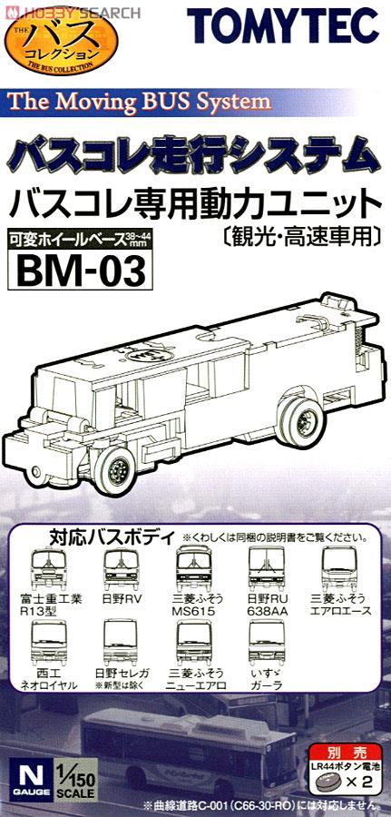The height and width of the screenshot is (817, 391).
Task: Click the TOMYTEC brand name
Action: pyautogui.click(x=284, y=25)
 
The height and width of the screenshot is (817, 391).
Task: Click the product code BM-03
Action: pyautogui.click(x=80, y=271)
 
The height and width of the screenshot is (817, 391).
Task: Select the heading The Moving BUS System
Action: pyautogui.click(x=140, y=101)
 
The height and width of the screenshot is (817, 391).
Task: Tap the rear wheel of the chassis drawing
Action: pyautogui.click(x=301, y=421)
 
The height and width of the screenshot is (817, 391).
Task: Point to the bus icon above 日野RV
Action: pyautogui.click(x=121, y=569)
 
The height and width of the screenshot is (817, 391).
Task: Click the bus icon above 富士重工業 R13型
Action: pyautogui.click(x=48, y=569)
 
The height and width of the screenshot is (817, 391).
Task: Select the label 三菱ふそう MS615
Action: pyautogui.click(x=193, y=605)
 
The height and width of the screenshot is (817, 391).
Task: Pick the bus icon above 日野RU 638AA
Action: pyautogui.click(x=267, y=568)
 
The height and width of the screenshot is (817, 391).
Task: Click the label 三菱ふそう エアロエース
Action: pyautogui.click(x=339, y=605)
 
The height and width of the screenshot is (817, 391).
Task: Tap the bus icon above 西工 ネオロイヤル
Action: pyautogui.click(x=48, y=643)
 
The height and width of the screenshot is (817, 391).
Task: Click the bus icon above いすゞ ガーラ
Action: pyautogui.click(x=267, y=643)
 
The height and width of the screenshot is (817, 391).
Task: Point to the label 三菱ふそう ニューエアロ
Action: pyautogui.click(x=193, y=679)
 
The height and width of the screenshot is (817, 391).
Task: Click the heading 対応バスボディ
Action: pyautogui.click(x=113, y=536)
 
